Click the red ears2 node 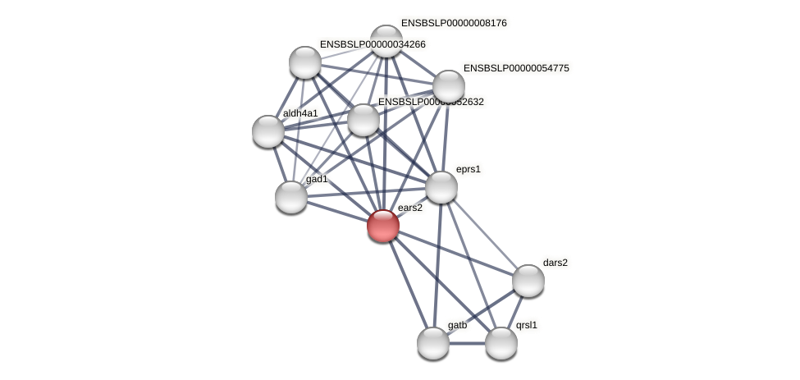coord(383,226)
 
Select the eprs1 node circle coord(441,187)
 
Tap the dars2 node coord(528,281)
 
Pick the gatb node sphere coord(433,343)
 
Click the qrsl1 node coord(501,343)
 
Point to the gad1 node coord(291,197)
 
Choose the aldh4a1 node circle coord(268,131)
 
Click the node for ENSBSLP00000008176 coord(386,41)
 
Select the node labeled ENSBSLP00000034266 coord(305,62)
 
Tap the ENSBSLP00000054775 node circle coord(449,85)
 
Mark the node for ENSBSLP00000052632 coord(363,120)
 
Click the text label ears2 coord(409,208)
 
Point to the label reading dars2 coord(555,263)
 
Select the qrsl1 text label coord(527,325)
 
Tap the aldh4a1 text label coord(300,113)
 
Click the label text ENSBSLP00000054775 coord(516,68)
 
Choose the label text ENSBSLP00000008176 coord(454,23)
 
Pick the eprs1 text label coord(469,169)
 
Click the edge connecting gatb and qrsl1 coord(467,343)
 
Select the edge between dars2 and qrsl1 coord(514,312)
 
